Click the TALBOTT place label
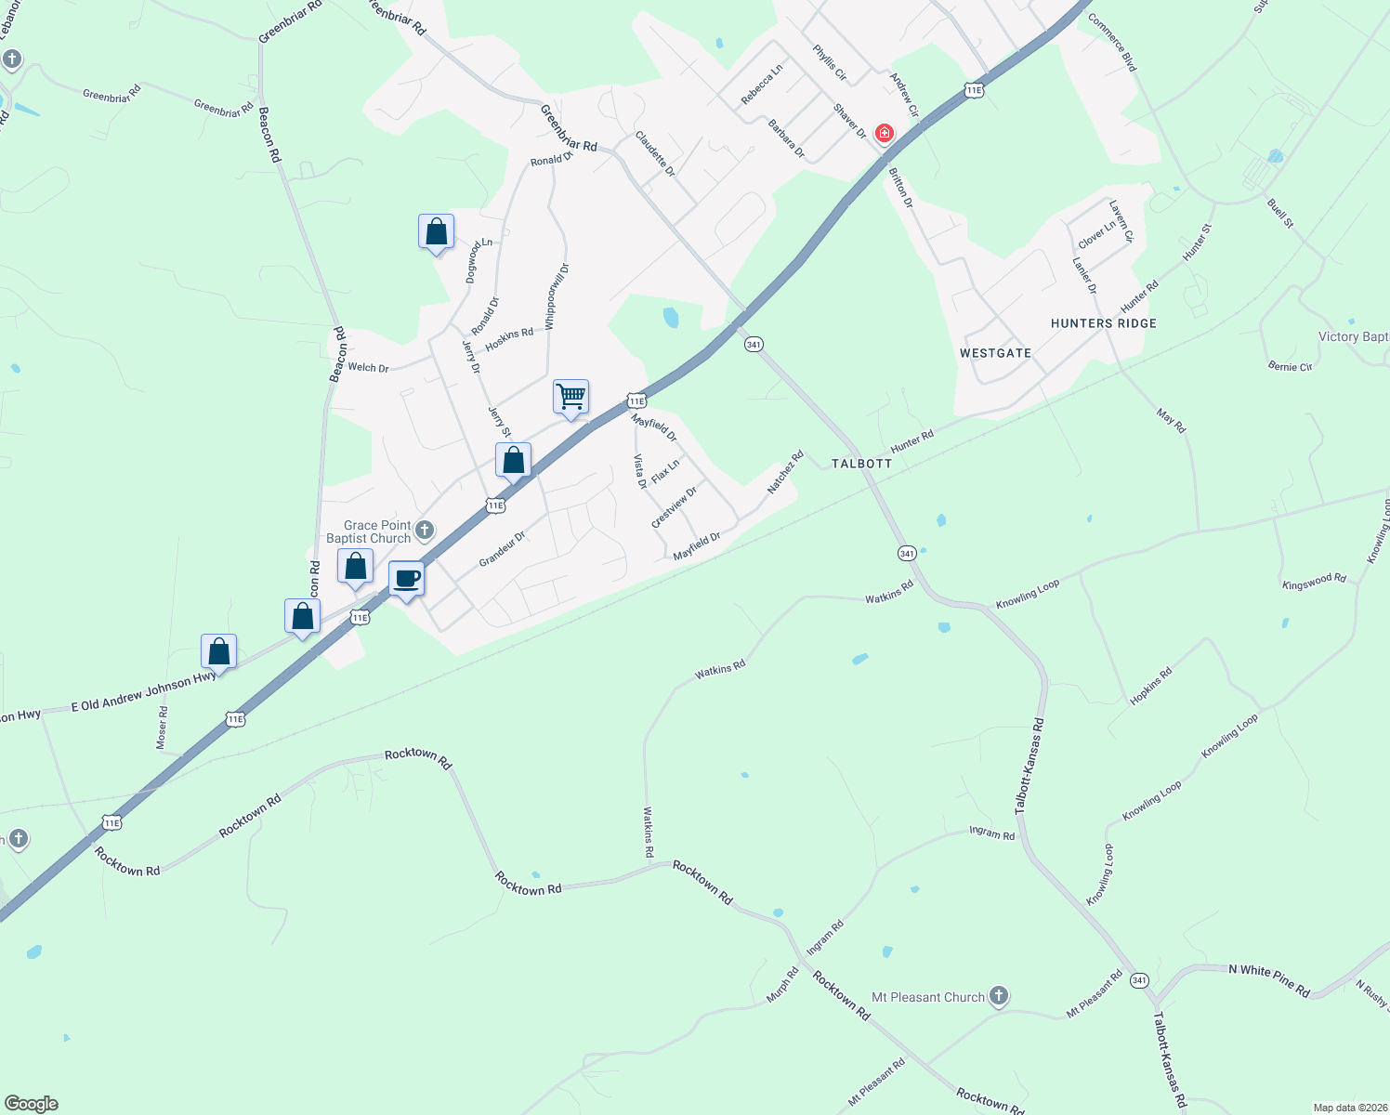pyautogui.click(x=861, y=463)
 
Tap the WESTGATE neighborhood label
pyautogui.click(x=995, y=353)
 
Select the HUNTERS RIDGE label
pyautogui.click(x=1103, y=323)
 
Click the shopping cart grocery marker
pyautogui.click(x=570, y=397)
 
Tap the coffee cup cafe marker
pyautogui.click(x=406, y=580)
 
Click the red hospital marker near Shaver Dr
pyautogui.click(x=884, y=133)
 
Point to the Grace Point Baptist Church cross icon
pyautogui.click(x=425, y=531)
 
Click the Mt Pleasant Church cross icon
pyautogui.click(x=999, y=997)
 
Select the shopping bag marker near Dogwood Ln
pyautogui.click(x=436, y=232)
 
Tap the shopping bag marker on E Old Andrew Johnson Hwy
pyautogui.click(x=219, y=651)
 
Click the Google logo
pyautogui.click(x=32, y=1104)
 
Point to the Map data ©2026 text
pyautogui.click(x=1349, y=1108)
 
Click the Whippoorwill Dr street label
pyautogui.click(x=557, y=296)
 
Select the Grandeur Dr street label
pyautogui.click(x=502, y=548)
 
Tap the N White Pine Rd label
pyautogui.click(x=1269, y=981)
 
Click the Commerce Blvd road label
pyautogui.click(x=1112, y=42)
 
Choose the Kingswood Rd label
pyautogui.click(x=1314, y=583)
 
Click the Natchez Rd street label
pyautogui.click(x=785, y=472)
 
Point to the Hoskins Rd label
pyautogui.click(x=509, y=338)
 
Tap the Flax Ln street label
pyautogui.click(x=665, y=471)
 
